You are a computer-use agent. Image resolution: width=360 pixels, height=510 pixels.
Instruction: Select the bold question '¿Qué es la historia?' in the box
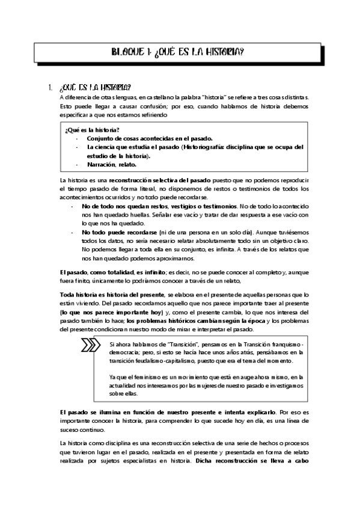(x=91, y=129)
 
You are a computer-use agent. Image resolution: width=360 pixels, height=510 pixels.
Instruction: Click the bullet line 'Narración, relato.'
(x=112, y=164)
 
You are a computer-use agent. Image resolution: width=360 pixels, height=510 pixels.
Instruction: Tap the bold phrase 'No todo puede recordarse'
(x=119, y=232)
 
